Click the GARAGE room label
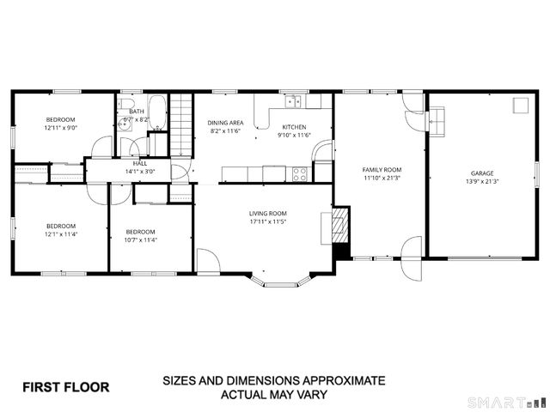pos(481,173)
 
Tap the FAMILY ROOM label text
pos(380,170)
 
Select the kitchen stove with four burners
pos(300,173)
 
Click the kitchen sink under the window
pos(294,102)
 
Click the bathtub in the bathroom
pos(156,112)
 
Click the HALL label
pos(139,162)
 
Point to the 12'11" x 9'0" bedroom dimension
pos(60,128)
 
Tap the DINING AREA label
pos(225,123)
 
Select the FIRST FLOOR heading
pos(65,387)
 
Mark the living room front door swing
pos(208,261)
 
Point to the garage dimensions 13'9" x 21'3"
pos(481,182)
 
